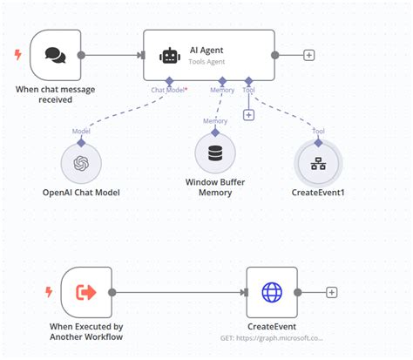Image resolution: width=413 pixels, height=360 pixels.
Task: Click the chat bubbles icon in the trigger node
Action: coord(55,55)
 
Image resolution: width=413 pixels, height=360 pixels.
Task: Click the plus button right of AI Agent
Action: coord(308,55)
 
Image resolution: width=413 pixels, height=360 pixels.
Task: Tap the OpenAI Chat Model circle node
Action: coord(81,163)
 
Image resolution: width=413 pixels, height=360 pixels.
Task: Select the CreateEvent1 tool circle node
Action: coord(319,163)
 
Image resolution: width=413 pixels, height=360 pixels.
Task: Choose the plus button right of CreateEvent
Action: coord(331,292)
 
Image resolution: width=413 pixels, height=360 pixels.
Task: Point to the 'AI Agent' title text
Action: coord(206,50)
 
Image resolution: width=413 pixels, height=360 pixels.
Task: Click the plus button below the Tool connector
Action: coord(248,114)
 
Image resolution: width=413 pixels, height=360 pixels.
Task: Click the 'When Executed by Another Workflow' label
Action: coord(85,331)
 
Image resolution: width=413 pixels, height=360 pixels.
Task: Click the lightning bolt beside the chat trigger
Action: coord(18,55)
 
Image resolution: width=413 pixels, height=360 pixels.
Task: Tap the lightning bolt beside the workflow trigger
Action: coord(49,292)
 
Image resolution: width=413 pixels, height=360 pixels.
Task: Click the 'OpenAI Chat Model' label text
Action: coord(81,192)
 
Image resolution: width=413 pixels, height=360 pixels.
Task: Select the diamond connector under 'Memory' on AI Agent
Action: coord(222,80)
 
